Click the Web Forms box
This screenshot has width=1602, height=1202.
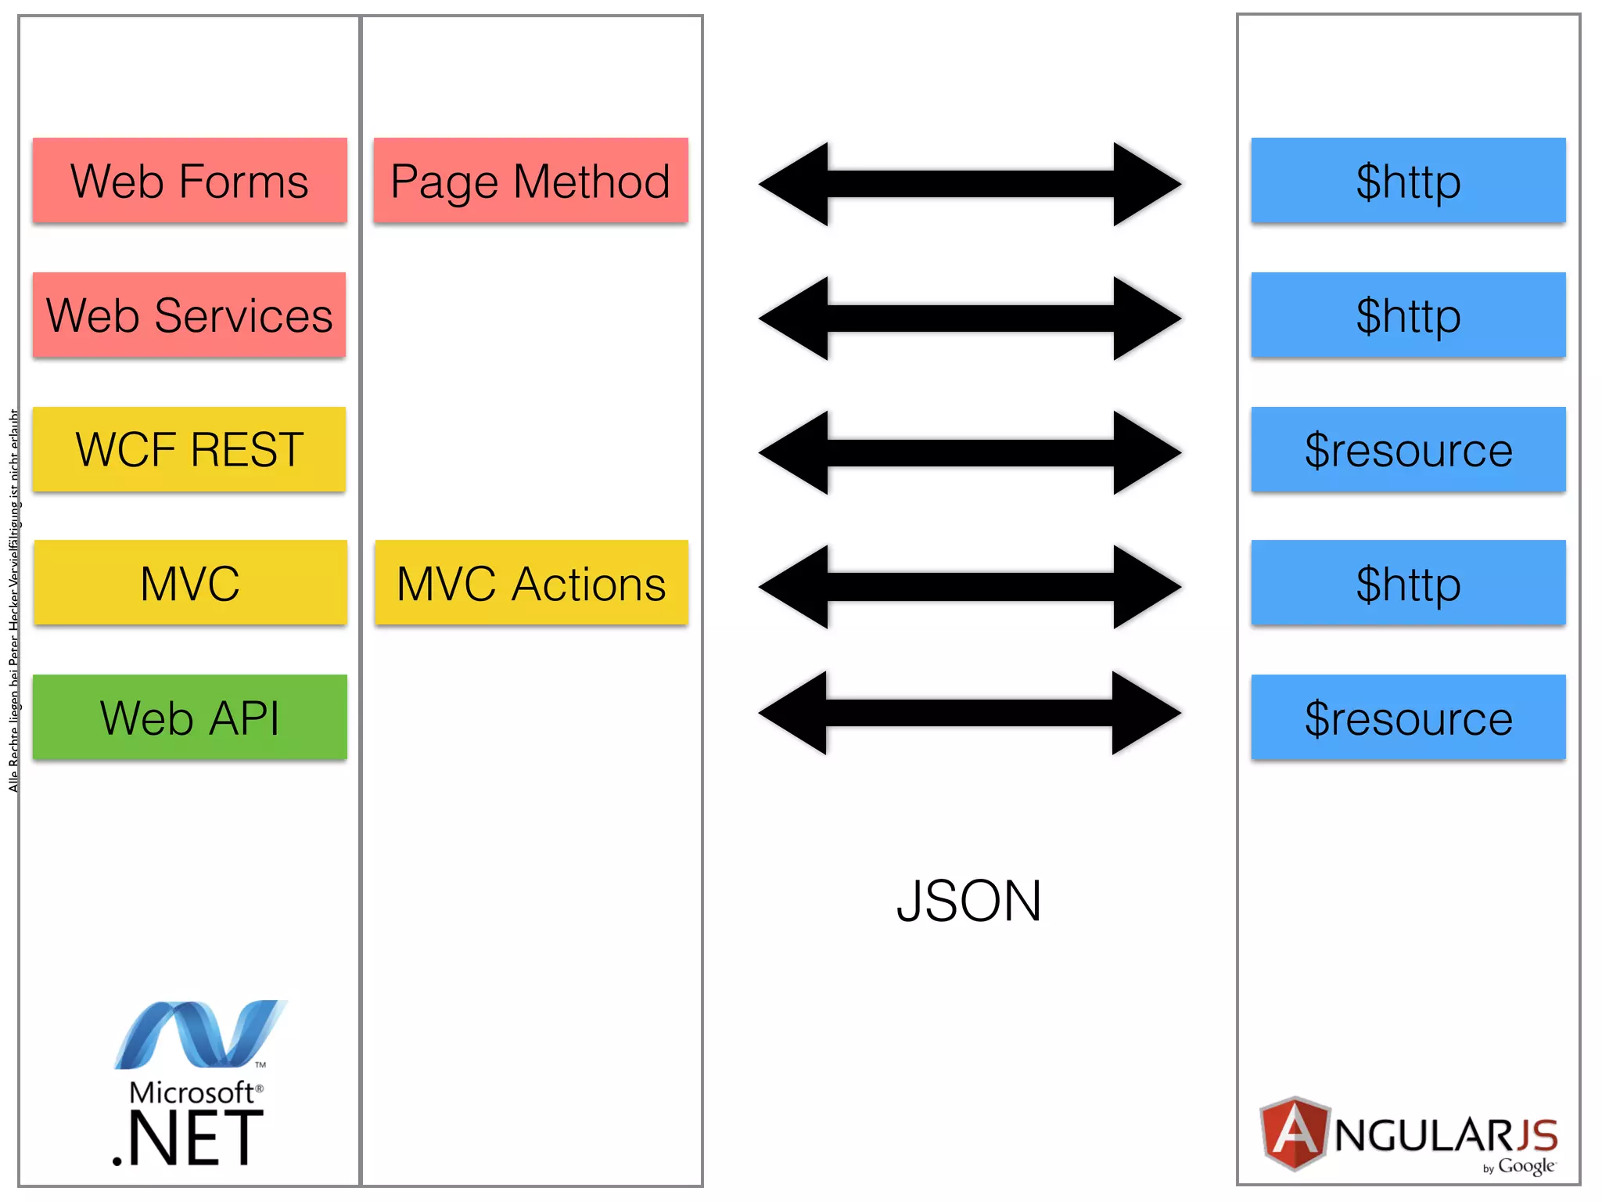(189, 181)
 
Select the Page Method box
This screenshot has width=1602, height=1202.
(530, 181)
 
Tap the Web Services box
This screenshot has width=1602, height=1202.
(189, 315)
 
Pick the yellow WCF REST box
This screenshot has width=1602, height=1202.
(189, 449)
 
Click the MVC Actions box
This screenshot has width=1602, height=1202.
(531, 583)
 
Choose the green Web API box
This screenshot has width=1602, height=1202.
(189, 718)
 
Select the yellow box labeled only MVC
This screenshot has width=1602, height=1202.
(189, 583)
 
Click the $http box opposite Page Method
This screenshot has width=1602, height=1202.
(1408, 181)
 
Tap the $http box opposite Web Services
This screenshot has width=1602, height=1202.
(1408, 315)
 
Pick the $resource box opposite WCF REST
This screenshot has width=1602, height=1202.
(1408, 449)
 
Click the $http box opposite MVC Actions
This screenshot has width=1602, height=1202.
(1408, 583)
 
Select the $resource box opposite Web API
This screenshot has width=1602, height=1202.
(1408, 718)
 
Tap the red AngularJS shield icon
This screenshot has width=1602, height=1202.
(1295, 1133)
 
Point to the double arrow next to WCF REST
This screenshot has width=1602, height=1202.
(970, 453)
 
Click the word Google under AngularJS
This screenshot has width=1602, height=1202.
(1525, 1166)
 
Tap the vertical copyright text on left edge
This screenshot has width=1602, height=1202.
(13, 601)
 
